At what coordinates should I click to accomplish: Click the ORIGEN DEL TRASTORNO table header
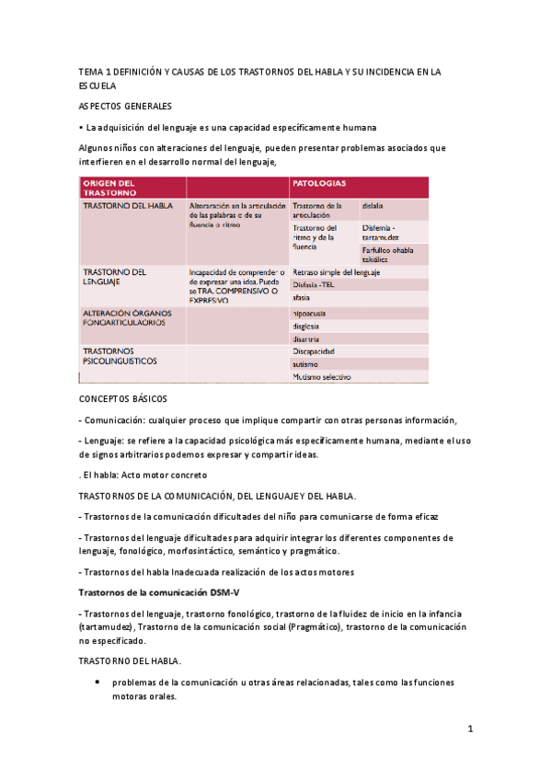coord(109,188)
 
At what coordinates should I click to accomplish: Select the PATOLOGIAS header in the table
coord(319,183)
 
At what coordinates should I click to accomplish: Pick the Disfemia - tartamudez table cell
coord(380,232)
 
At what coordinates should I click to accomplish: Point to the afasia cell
coord(302,298)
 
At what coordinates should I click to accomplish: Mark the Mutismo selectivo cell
coord(321,377)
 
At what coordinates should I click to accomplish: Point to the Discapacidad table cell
coord(314,351)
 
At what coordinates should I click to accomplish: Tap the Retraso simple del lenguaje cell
coord(336,272)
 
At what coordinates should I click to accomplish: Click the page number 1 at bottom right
coord(469,729)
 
